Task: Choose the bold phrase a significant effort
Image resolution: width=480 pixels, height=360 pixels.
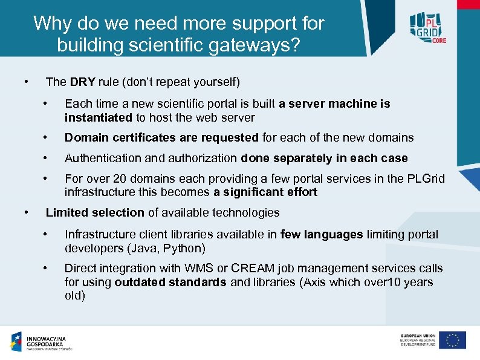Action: click(265, 192)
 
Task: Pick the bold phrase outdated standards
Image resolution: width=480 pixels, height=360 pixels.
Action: click(170, 282)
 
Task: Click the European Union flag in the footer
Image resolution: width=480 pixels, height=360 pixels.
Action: click(452, 340)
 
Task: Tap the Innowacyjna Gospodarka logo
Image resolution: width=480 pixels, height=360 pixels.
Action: click(42, 342)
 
